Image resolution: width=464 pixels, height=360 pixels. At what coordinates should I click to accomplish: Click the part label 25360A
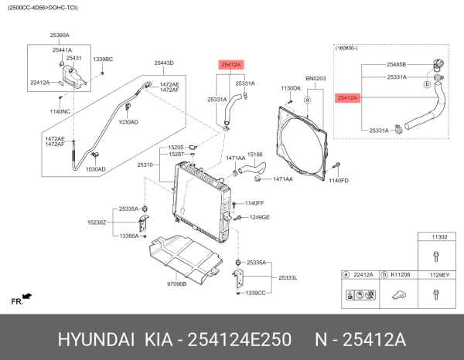pos(60,36)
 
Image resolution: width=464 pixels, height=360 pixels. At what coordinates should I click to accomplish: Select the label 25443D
pos(163,63)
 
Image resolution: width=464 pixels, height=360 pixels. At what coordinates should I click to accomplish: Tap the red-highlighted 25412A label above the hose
pos(230,66)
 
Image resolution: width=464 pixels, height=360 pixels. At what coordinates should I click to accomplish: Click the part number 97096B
pos(176,284)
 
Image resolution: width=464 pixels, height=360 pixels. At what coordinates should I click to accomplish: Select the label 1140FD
pos(339,180)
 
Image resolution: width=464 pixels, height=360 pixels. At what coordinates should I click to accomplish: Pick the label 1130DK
pos(291,88)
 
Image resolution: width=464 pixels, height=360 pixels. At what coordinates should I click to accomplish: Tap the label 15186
pos(255,155)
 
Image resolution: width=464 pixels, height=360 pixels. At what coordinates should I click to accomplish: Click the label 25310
pos(146,165)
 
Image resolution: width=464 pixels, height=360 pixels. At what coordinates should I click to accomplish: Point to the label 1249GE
pos(259,217)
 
